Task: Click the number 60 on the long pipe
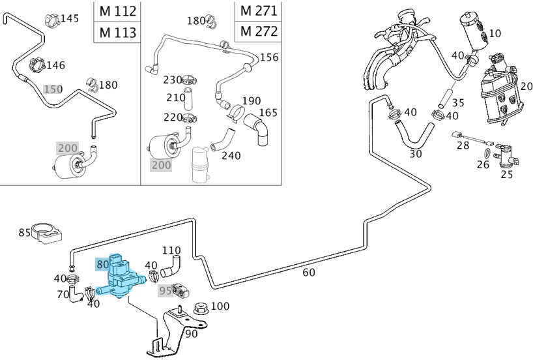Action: [310, 271]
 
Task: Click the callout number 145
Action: [69, 18]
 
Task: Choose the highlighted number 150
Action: [52, 89]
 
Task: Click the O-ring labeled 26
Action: [485, 154]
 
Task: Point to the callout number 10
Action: [495, 33]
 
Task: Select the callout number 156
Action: [268, 57]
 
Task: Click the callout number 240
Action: [231, 155]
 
